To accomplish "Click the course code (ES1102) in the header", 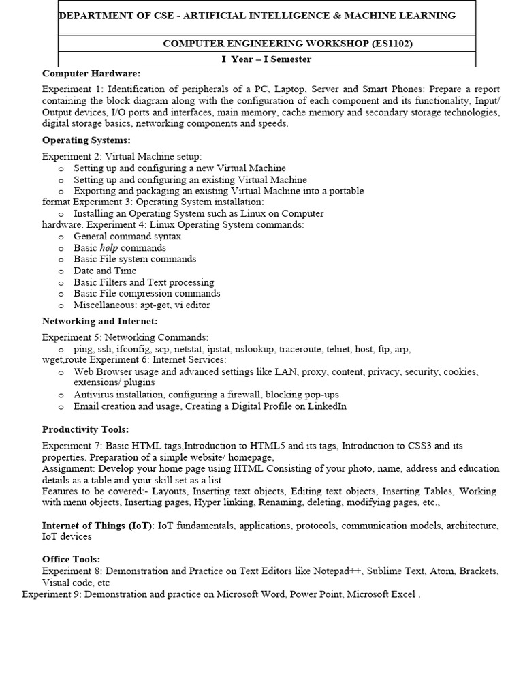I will pos(391,44).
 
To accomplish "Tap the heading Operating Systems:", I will pos(86,140).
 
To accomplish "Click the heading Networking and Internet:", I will pos(99,320).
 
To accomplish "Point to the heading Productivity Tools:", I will pos(85,429).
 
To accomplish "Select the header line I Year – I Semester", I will pos(266,59).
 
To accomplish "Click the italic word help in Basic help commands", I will pos(108,247).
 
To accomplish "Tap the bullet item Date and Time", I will pos(105,271).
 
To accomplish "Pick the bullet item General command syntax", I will pos(127,236).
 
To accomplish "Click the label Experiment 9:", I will pos(52,594).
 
